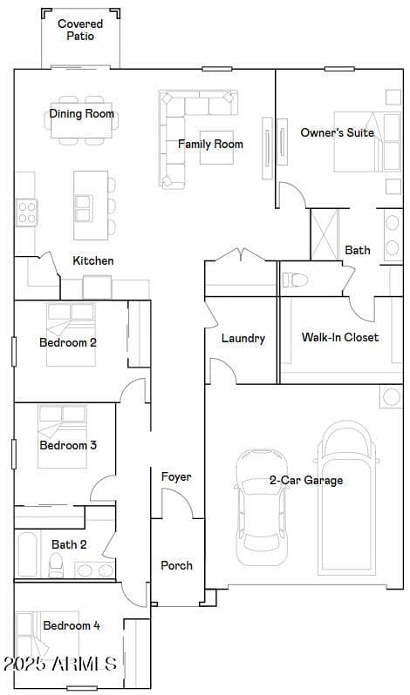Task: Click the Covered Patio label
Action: pos(80,30)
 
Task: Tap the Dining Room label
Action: pos(82,114)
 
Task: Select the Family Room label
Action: pos(211,144)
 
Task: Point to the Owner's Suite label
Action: pos(338,132)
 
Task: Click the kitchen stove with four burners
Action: pos(27,213)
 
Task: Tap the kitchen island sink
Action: pos(84,208)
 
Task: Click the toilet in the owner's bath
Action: pos(296,280)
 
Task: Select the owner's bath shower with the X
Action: pos(325,235)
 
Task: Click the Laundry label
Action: pos(243,339)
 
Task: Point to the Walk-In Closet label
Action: pos(340,337)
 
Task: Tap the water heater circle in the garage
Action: pos(392,396)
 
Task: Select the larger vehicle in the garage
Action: pos(348,498)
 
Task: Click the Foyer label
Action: pos(176,477)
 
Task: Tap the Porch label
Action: pos(176,565)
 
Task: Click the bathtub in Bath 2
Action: pos(28,554)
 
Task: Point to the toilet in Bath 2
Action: pos(56,565)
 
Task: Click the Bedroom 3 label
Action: pos(68,445)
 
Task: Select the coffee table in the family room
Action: pos(216,147)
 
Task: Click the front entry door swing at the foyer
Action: pos(176,503)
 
